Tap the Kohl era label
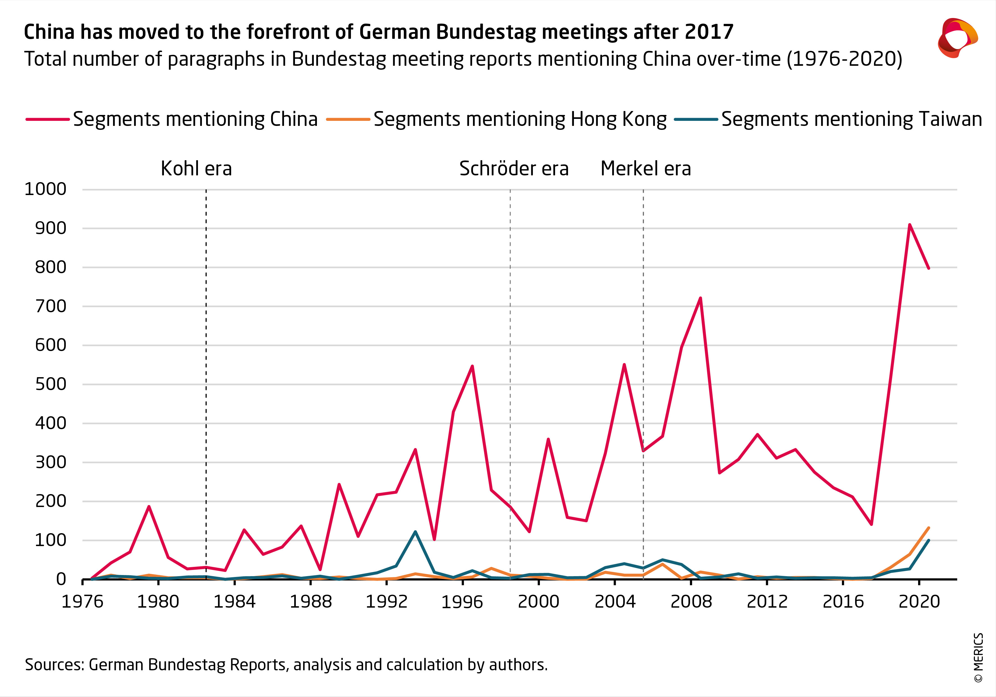pos(196,169)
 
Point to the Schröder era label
pos(514,169)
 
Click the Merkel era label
pos(646,169)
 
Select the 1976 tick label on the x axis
pos(82,602)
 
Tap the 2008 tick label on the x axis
pos(691,602)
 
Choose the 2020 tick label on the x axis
pos(919,602)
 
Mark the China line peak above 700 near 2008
pos(700,298)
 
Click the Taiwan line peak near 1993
pos(415,532)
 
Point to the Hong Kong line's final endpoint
pos(928,528)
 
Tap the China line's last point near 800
pos(928,268)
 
